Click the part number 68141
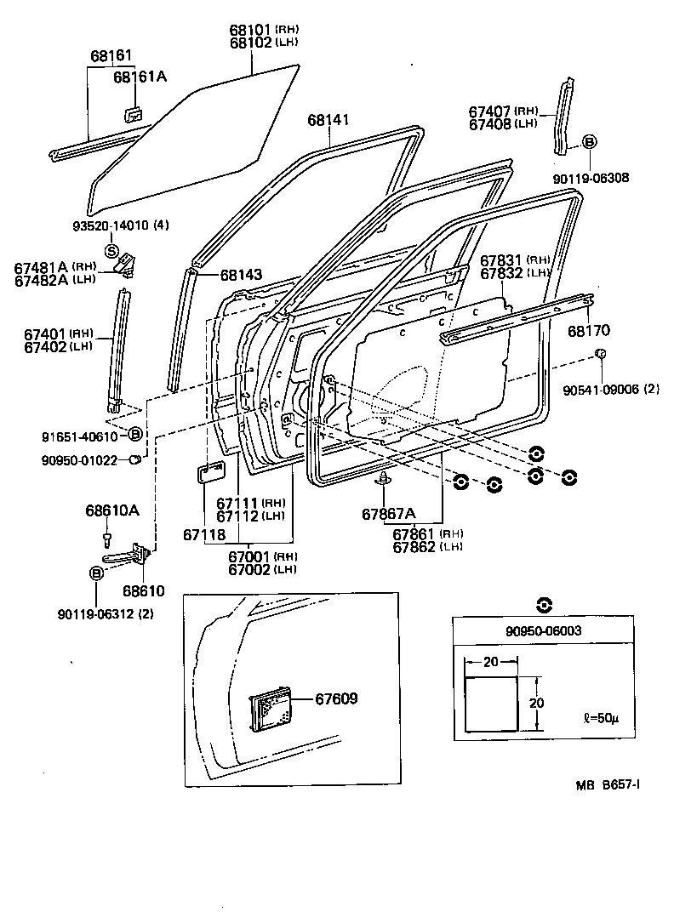pyautogui.click(x=328, y=122)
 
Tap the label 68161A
pyautogui.click(x=140, y=77)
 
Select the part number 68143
pyautogui.click(x=241, y=275)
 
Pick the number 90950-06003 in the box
pyautogui.click(x=543, y=630)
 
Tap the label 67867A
pyautogui.click(x=388, y=513)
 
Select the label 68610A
pyautogui.click(x=111, y=510)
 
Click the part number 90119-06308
pyautogui.click(x=591, y=178)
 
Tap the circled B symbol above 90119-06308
pyautogui.click(x=589, y=142)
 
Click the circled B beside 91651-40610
pyautogui.click(x=134, y=435)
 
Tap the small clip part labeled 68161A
pyautogui.click(x=132, y=114)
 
